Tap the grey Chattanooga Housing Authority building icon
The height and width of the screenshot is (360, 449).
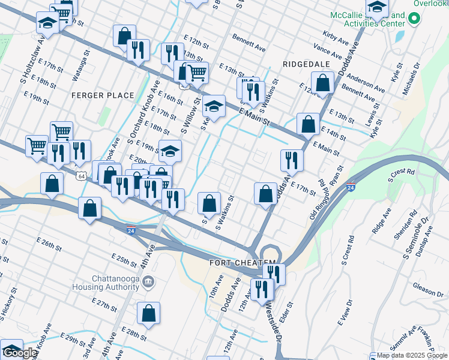point(149,282)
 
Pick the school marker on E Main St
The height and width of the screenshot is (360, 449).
point(213,106)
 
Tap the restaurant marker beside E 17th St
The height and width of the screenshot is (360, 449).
point(292,160)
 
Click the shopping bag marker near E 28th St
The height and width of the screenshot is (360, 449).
point(148,313)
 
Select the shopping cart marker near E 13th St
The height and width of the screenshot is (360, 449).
point(197,73)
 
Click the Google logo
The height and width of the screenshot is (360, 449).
point(20,353)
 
